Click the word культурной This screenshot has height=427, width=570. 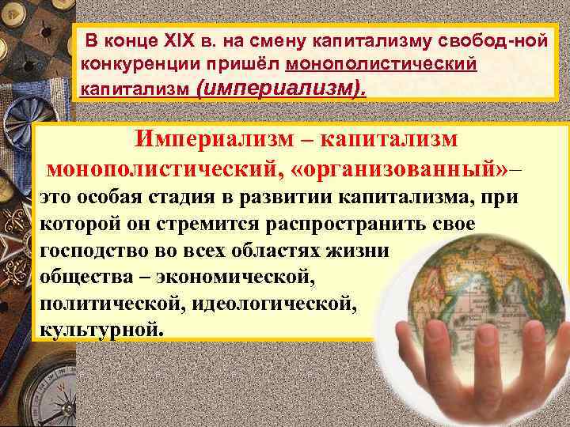coord(98,328)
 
